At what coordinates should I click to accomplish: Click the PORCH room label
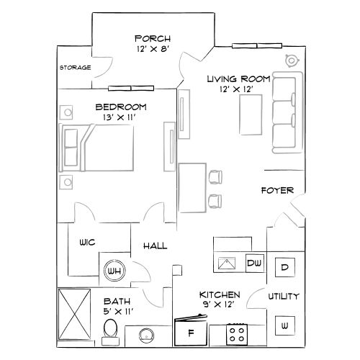pyautogui.click(x=152, y=38)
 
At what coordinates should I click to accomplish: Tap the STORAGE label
pyautogui.click(x=75, y=68)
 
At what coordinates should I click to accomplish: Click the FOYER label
pyautogui.click(x=276, y=191)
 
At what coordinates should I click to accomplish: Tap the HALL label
pyautogui.click(x=155, y=246)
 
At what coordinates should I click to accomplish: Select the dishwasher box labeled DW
pyautogui.click(x=254, y=264)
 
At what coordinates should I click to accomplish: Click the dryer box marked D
pyautogui.click(x=284, y=267)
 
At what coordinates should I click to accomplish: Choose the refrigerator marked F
pyautogui.click(x=191, y=332)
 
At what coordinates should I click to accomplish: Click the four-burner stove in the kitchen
pyautogui.click(x=236, y=333)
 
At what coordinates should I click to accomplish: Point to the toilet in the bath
pyautogui.click(x=109, y=330)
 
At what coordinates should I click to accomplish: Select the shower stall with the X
pyautogui.click(x=74, y=315)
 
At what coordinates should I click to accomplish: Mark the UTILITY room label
pyautogui.click(x=284, y=296)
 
